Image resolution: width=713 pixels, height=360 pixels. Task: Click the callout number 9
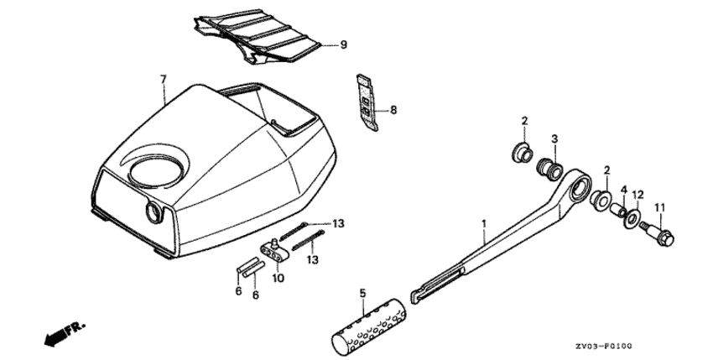tap(344, 44)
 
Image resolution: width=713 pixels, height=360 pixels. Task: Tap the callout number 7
tap(164, 79)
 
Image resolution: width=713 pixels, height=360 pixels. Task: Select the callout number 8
tap(393, 110)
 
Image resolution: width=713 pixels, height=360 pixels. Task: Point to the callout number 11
tap(660, 208)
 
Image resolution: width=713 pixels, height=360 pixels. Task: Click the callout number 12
tap(638, 196)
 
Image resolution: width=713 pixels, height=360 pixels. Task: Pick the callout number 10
tap(278, 278)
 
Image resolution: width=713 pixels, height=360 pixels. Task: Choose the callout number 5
tap(362, 293)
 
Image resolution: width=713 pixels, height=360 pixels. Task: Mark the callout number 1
tap(484, 223)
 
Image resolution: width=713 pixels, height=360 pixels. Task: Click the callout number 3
tap(554, 138)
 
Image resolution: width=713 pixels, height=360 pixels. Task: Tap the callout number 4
tap(624, 189)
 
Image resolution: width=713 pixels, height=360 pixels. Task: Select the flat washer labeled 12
tap(631, 218)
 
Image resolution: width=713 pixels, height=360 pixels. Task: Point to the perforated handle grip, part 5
tap(368, 326)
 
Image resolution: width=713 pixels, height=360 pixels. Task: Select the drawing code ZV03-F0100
tap(602, 347)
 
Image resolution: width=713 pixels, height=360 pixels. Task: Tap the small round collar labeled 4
tap(619, 211)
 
